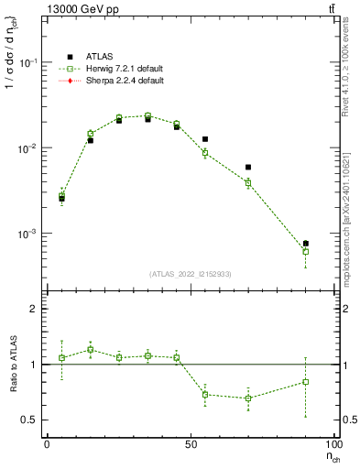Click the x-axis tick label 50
pyautogui.click(x=191, y=445)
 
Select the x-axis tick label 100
pyautogui.click(x=333, y=445)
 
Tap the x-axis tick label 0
pyautogui.click(x=48, y=445)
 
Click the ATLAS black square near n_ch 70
pyautogui.click(x=248, y=168)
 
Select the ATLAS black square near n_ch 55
pyautogui.click(x=205, y=139)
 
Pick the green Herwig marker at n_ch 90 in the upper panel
pyautogui.click(x=306, y=251)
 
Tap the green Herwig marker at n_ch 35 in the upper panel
pyautogui.click(x=147, y=116)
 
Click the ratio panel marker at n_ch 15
pyautogui.click(x=91, y=350)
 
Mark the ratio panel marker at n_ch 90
pyautogui.click(x=306, y=382)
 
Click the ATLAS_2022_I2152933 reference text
pyautogui.click(x=190, y=274)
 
